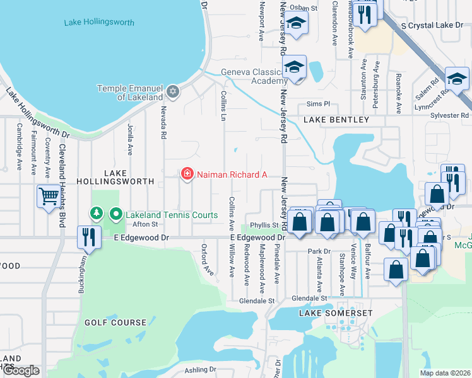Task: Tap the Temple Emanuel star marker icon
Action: coord(173,93)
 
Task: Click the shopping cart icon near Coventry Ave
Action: coord(48,196)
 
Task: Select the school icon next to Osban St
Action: coord(295,24)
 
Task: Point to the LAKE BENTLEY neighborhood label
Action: coord(336,120)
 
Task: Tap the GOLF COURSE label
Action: coord(115,323)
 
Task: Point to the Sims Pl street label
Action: coord(318,104)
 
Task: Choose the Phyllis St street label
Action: coord(264,225)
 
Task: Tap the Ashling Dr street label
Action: coord(200,370)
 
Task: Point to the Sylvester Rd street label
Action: coord(455,115)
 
